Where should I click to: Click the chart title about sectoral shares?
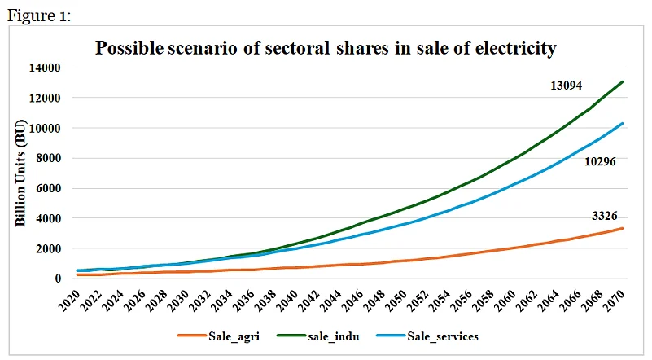point(326,48)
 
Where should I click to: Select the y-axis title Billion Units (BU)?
point(23,172)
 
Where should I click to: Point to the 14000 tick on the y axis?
point(45,68)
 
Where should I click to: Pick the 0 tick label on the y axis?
point(57,279)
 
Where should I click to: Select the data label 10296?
point(599,162)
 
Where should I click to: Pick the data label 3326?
point(604,216)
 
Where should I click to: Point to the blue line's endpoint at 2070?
point(624,124)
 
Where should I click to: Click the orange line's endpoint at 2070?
point(624,228)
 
